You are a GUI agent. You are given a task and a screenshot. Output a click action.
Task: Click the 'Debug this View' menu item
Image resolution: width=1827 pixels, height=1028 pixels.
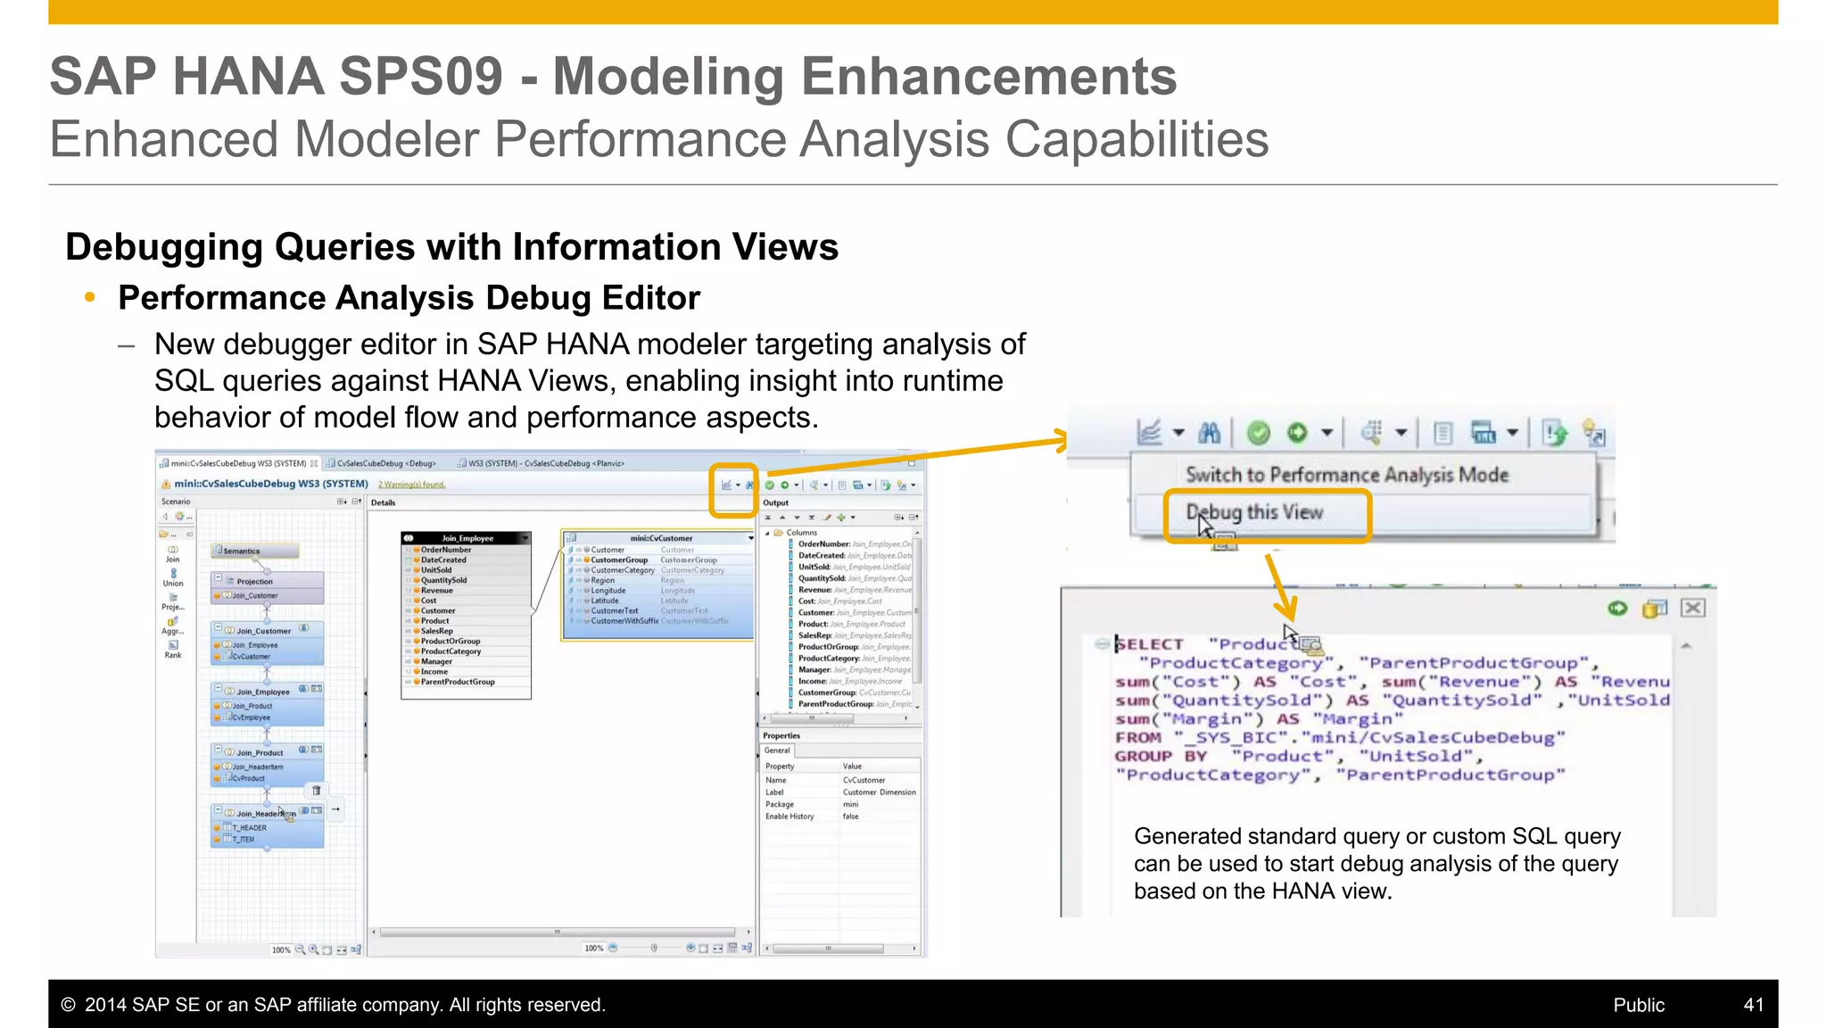(1254, 513)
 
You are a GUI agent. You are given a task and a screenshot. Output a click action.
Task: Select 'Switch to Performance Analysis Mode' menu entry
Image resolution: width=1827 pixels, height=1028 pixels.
(1346, 475)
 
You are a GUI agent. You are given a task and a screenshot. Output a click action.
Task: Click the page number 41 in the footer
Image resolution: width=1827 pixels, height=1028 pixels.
(1753, 1005)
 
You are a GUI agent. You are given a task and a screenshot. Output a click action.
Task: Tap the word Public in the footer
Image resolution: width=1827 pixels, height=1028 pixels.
(1639, 1005)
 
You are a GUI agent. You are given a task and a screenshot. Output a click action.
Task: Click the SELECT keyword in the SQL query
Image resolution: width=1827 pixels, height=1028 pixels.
(1151, 644)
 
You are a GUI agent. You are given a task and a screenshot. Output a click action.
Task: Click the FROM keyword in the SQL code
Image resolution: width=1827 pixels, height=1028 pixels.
(1138, 738)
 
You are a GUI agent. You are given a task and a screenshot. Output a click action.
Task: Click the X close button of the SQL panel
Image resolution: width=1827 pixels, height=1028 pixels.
(1692, 609)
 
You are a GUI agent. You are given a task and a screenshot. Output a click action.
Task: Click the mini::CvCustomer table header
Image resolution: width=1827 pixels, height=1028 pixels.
(661, 538)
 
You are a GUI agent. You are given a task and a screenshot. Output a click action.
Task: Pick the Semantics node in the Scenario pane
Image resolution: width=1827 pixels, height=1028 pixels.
(242, 551)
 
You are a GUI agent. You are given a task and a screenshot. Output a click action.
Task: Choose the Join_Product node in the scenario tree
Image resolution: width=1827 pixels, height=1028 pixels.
(260, 752)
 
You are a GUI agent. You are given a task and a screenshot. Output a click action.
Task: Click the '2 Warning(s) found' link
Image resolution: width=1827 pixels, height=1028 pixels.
(411, 485)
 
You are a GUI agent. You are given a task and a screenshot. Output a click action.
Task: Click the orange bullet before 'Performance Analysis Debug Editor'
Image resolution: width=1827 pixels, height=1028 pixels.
(89, 297)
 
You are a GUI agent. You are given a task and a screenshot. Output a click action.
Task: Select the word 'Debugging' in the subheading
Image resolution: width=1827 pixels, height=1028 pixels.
(164, 247)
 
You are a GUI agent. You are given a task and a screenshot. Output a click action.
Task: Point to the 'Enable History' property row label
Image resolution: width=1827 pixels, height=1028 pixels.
(789, 817)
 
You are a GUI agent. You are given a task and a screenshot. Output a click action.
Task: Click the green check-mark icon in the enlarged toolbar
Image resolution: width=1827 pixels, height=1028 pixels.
(1258, 433)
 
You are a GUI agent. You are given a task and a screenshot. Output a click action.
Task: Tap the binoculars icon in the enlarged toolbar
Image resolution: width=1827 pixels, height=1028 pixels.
(1209, 433)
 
